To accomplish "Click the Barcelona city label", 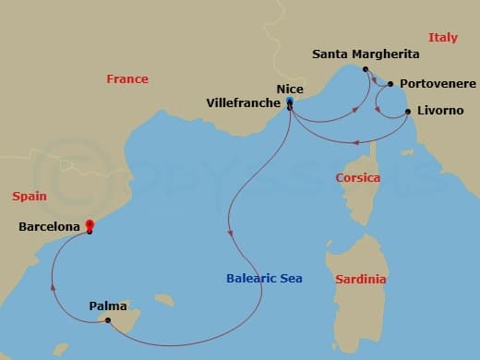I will (49, 224).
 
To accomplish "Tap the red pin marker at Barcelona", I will (90, 224).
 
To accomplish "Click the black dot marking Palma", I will (108, 320).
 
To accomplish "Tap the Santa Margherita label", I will (366, 54).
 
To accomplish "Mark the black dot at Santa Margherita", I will (366, 69).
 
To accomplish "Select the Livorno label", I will (440, 112).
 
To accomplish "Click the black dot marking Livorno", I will (407, 113).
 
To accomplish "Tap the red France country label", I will (127, 79).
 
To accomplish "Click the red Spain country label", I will (30, 196).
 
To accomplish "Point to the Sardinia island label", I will (361, 279).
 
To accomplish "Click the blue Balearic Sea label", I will (266, 278).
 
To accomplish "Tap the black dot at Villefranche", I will (290, 109).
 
